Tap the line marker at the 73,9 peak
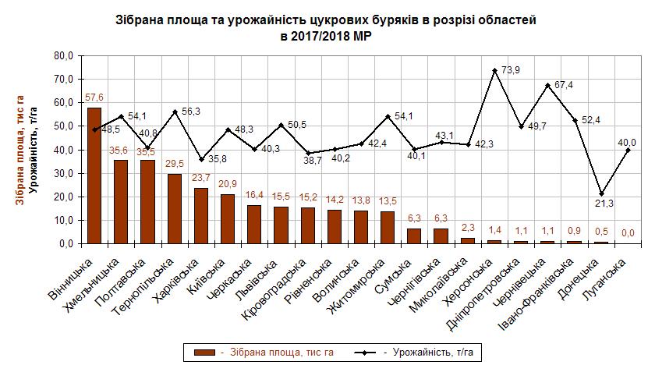pyautogui.click(x=494, y=70)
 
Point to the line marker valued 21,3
pyautogui.click(x=601, y=193)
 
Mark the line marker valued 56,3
pyautogui.click(x=175, y=112)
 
